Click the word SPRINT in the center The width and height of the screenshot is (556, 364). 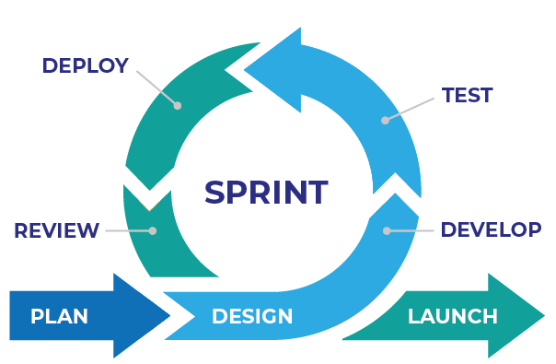(x=265, y=193)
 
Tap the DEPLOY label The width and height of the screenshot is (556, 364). (x=85, y=65)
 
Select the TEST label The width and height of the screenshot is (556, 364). (x=467, y=96)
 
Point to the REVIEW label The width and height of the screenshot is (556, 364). (x=56, y=230)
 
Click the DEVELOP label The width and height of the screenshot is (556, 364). (x=491, y=229)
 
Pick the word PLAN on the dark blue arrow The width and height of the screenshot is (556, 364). (x=59, y=316)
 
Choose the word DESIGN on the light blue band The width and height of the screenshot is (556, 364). (x=252, y=317)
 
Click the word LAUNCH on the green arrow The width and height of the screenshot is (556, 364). (x=452, y=316)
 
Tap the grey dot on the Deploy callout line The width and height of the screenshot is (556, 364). (x=178, y=106)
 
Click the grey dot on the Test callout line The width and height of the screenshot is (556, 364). (x=386, y=120)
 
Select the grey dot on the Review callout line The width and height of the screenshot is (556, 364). (x=153, y=230)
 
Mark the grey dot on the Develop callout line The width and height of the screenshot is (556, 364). (x=387, y=229)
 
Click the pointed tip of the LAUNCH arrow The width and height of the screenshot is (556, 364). (x=542, y=316)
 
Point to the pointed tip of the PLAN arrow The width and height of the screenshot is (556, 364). (x=169, y=316)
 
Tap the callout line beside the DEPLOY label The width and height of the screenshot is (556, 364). (x=156, y=87)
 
